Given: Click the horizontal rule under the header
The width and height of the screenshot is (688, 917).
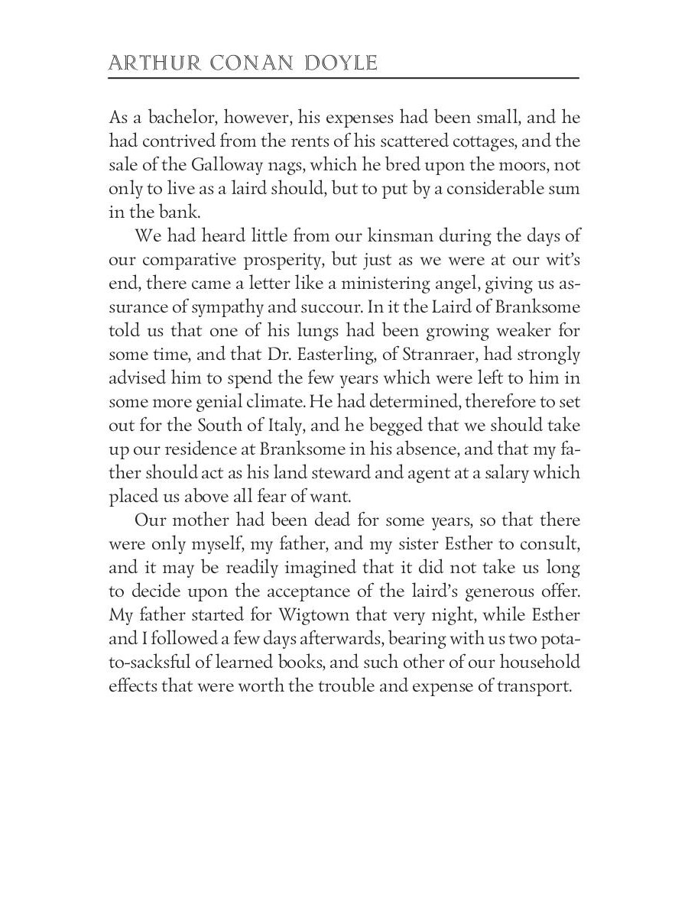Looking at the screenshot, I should click(x=344, y=78).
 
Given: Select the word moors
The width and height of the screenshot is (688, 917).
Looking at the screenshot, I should click(x=522, y=166).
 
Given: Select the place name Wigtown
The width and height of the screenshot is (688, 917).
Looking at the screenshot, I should click(x=317, y=615).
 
